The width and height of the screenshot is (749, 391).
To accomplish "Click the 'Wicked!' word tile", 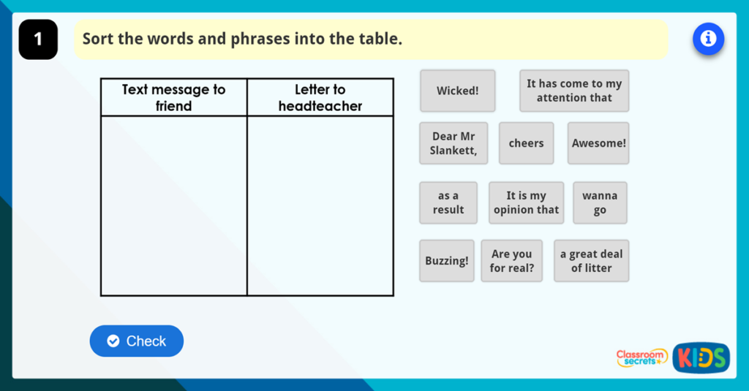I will (x=457, y=91).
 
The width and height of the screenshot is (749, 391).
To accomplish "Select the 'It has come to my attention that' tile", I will (x=574, y=91).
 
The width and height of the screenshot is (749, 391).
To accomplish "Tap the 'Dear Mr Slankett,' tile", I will (x=453, y=143).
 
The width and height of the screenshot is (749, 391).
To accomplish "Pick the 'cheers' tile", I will (x=526, y=143).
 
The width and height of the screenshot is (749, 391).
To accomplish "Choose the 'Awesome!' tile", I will (x=598, y=143).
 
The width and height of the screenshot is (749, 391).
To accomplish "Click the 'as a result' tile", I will (x=448, y=202).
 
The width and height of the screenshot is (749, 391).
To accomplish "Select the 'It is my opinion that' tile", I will (x=526, y=202).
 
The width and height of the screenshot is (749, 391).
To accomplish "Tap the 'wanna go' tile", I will (x=600, y=202).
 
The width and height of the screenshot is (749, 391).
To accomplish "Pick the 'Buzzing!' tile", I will (x=446, y=261).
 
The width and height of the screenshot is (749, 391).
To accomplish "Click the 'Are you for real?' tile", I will (x=511, y=261).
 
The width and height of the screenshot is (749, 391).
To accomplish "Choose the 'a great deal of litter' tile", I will (x=591, y=261).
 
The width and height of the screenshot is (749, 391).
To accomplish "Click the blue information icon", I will (x=708, y=39).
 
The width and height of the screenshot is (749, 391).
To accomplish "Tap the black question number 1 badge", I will (x=38, y=39).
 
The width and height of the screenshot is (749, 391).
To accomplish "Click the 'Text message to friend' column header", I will (x=173, y=97).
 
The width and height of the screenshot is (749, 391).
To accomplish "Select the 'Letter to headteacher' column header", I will (x=320, y=97).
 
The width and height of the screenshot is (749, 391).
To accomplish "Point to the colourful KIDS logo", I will (x=701, y=357).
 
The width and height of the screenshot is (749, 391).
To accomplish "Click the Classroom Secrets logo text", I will (x=641, y=357).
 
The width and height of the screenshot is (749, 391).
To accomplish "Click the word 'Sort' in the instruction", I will (x=98, y=39).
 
